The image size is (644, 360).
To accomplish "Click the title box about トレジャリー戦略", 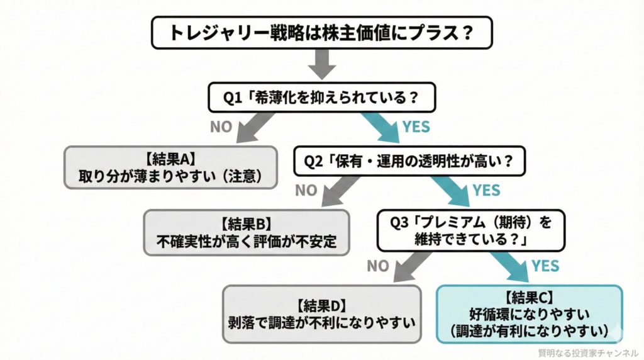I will tap(321, 33).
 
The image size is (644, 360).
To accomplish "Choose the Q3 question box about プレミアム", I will tap(470, 231).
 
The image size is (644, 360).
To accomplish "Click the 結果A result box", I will tap(170, 167).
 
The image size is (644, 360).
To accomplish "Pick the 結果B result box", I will tap(247, 232).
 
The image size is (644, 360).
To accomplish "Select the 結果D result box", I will tap(321, 314).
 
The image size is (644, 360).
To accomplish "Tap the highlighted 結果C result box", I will tap(529, 313).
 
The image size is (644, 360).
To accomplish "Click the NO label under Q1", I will tap(221, 127).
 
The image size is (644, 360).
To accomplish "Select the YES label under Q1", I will tap(416, 127).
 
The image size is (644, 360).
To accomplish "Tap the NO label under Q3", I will tap(378, 266).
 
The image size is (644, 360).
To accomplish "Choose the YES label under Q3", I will tap(545, 266).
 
